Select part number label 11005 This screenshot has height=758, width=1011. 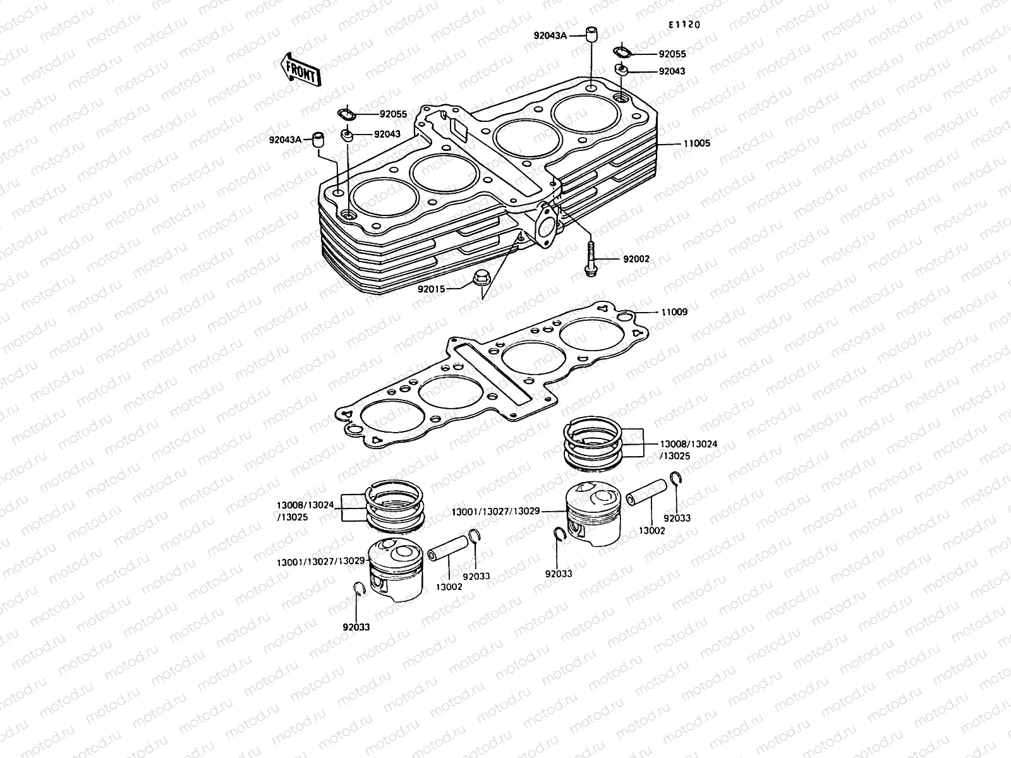[x=696, y=143]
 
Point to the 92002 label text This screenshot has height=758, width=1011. [x=636, y=260]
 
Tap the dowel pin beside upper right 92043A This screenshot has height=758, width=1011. [x=591, y=34]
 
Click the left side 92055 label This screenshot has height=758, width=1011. [x=393, y=114]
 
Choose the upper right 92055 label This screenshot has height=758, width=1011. [x=672, y=54]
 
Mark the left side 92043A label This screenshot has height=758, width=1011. [x=285, y=139]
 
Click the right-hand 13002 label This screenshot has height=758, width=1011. [x=651, y=531]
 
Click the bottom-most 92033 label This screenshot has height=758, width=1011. [x=356, y=627]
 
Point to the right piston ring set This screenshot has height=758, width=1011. [x=593, y=445]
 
